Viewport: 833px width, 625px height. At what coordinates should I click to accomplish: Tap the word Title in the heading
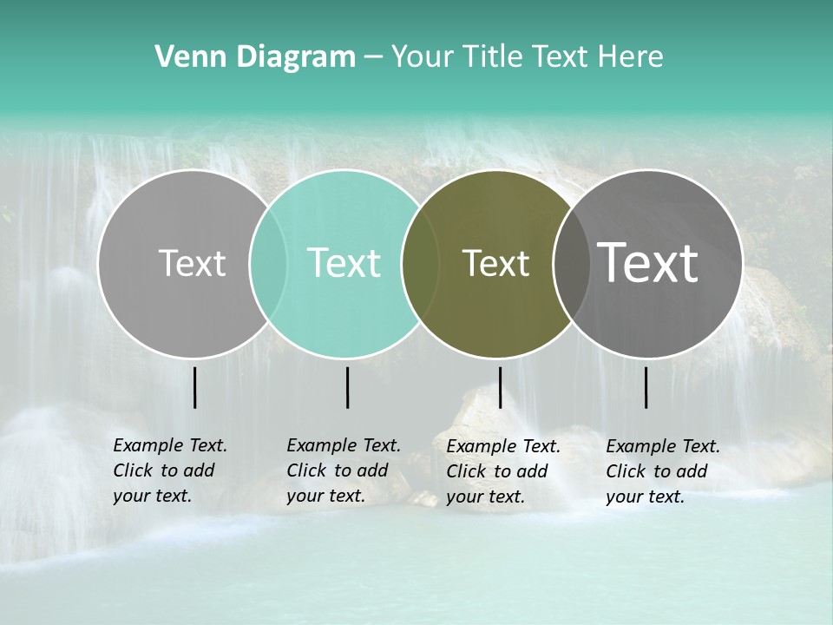click(x=494, y=57)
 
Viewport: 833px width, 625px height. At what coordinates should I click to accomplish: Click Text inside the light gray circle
click(x=192, y=263)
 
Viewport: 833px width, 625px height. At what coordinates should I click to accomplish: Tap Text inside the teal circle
click(x=344, y=263)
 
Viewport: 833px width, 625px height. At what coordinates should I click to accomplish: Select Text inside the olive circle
click(x=495, y=263)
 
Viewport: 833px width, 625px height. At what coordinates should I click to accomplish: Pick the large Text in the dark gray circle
click(x=647, y=262)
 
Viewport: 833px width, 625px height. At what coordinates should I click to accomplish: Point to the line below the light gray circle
click(x=195, y=387)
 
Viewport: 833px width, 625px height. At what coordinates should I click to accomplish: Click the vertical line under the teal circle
click(x=347, y=387)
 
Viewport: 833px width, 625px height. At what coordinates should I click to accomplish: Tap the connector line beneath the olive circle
click(x=500, y=387)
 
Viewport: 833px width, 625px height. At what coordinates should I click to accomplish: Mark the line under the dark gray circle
click(x=646, y=387)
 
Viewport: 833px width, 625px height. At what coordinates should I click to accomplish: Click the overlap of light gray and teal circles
click(x=268, y=263)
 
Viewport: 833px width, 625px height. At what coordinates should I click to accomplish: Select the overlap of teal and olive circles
click(x=420, y=263)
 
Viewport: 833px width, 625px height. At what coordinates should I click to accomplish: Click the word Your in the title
click(x=422, y=57)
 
